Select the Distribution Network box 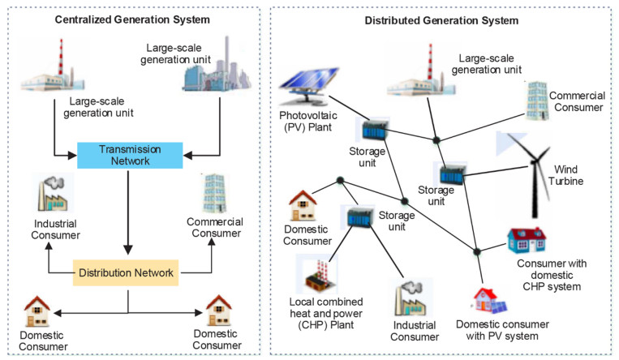127,273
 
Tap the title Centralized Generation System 134,19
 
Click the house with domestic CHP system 526,239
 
